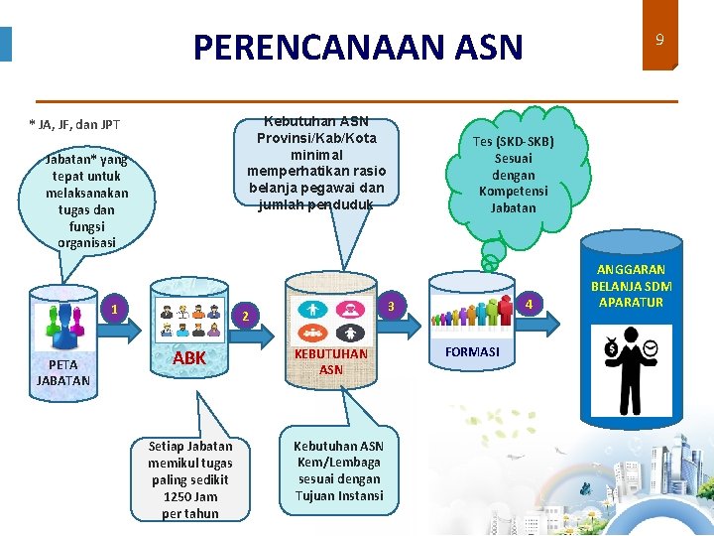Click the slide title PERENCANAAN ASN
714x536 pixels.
(357, 47)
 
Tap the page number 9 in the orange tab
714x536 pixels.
(658, 40)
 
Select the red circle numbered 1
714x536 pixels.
(115, 309)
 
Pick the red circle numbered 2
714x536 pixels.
(247, 317)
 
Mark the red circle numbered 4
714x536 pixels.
(530, 303)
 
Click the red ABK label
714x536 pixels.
(189, 357)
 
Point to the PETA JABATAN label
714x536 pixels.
(63, 372)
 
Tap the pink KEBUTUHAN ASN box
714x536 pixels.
(331, 361)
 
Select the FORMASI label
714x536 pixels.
(472, 352)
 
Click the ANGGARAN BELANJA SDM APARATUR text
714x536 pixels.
(631, 286)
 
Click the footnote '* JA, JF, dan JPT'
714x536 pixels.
(74, 125)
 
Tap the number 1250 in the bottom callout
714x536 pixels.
(178, 496)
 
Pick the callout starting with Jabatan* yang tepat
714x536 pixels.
(86, 201)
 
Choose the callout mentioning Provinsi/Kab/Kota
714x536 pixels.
(316, 164)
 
